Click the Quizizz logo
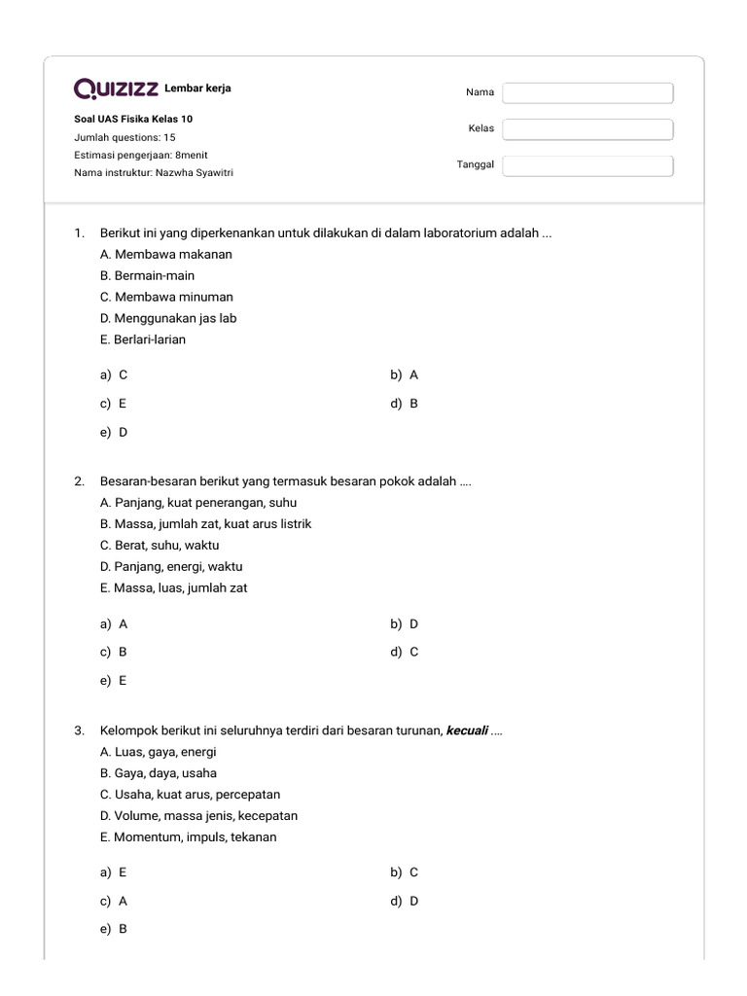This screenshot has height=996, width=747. (117, 89)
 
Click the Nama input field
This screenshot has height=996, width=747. (587, 93)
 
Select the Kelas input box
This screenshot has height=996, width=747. (587, 129)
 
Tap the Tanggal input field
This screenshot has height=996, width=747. (587, 165)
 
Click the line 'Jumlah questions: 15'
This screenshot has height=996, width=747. (124, 138)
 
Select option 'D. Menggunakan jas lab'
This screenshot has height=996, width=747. (168, 318)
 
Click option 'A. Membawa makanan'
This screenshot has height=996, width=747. (166, 254)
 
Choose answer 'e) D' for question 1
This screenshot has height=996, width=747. (114, 432)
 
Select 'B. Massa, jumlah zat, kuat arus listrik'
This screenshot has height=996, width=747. (205, 524)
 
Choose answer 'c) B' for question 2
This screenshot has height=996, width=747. (114, 653)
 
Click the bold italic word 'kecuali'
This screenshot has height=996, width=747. (467, 731)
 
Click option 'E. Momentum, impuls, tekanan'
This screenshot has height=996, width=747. (188, 837)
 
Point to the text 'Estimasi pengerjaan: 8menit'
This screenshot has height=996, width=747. (141, 156)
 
